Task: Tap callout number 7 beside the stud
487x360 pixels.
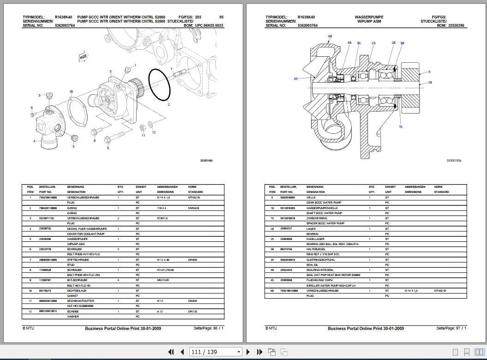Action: (x=171, y=69)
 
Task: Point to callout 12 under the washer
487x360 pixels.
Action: (x=154, y=132)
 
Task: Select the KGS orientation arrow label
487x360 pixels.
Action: (x=83, y=57)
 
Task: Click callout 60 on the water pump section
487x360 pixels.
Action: (x=330, y=36)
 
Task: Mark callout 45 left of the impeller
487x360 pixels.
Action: (x=295, y=79)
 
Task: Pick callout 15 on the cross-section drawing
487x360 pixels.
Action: (x=400, y=126)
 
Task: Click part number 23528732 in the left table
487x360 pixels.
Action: (x=48, y=228)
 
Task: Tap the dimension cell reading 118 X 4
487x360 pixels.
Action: (x=162, y=208)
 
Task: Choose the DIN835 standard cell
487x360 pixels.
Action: (x=192, y=259)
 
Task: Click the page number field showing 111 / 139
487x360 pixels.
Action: (x=216, y=352)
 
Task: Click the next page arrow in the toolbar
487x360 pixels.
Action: (x=248, y=352)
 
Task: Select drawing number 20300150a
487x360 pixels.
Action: (x=453, y=160)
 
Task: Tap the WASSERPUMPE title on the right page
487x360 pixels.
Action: (x=369, y=17)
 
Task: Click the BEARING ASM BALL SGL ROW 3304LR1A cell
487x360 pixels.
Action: (x=332, y=244)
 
